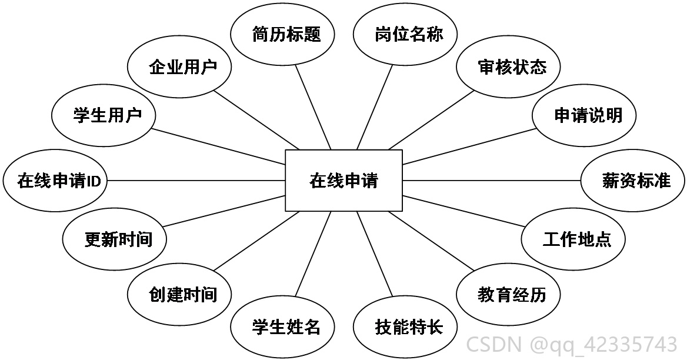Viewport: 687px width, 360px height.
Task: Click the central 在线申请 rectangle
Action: tap(344, 181)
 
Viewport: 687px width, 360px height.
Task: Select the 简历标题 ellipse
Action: tap(282, 34)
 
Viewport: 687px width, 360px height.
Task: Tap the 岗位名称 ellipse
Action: tap(405, 34)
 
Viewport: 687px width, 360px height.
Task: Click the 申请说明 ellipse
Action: tap(584, 116)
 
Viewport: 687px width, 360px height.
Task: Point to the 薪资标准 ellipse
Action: tap(633, 181)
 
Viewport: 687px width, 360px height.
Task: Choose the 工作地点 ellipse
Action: tap(573, 239)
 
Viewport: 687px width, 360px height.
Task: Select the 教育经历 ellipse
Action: tap(508, 294)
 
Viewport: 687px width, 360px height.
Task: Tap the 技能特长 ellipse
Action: tap(405, 326)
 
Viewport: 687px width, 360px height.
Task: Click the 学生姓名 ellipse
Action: tap(282, 326)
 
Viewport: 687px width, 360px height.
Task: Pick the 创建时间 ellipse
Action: tap(179, 294)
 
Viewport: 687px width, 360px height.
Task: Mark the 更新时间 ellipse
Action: tap(114, 239)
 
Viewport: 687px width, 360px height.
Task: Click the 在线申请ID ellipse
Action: tap(55, 181)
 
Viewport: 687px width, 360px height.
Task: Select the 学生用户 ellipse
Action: tap(104, 116)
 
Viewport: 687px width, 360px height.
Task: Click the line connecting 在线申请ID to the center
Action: tap(196, 181)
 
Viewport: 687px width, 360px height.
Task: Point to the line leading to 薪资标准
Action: tap(492, 181)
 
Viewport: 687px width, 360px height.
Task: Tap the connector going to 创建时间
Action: tap(256, 241)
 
